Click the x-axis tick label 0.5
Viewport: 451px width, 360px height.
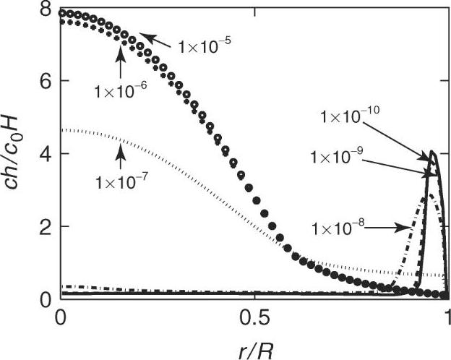254,317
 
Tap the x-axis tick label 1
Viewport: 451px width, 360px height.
446,317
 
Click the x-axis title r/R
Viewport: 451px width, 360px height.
254,346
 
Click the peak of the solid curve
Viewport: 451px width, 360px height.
432,152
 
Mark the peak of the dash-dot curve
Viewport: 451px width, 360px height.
429,194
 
